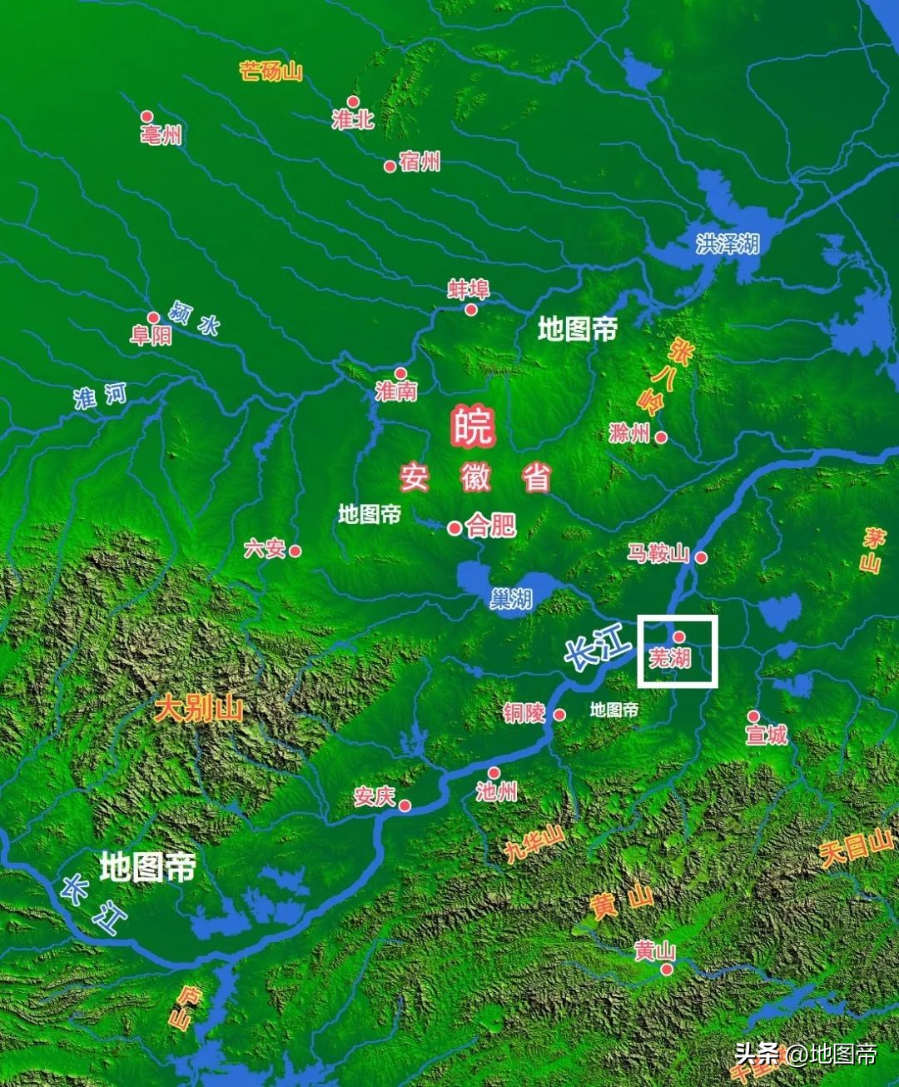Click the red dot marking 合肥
(x=454, y=528)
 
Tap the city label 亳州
(x=162, y=135)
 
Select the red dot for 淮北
(x=353, y=102)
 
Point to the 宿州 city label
(x=420, y=162)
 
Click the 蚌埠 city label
(x=469, y=289)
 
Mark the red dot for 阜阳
(x=153, y=317)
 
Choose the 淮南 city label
(x=395, y=391)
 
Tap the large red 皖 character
(x=473, y=426)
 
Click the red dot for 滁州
(x=661, y=436)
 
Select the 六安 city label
(x=265, y=549)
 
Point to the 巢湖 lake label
(x=510, y=598)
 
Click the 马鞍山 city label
(x=658, y=553)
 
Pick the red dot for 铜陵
(x=559, y=715)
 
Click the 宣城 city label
(x=766, y=735)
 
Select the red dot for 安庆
(x=405, y=805)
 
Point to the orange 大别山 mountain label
(x=199, y=710)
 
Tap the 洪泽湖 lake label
(x=728, y=243)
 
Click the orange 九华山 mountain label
(x=534, y=845)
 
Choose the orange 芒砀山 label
(x=271, y=71)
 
